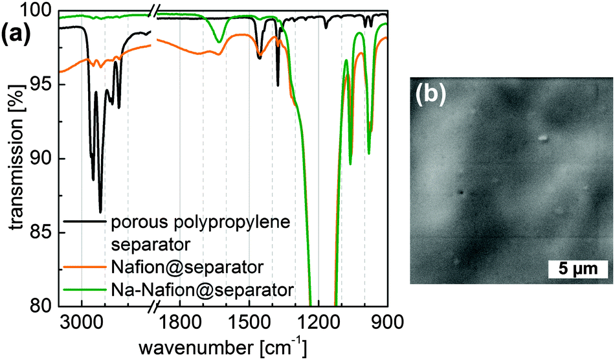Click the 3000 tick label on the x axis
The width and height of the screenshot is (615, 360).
click(82, 321)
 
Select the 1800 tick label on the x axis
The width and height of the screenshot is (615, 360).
click(179, 321)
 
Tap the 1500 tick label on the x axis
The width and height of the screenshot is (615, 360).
click(249, 321)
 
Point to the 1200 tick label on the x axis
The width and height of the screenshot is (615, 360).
click(318, 321)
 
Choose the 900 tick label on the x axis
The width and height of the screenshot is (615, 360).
click(386, 321)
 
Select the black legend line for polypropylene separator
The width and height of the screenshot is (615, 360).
click(85, 222)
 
